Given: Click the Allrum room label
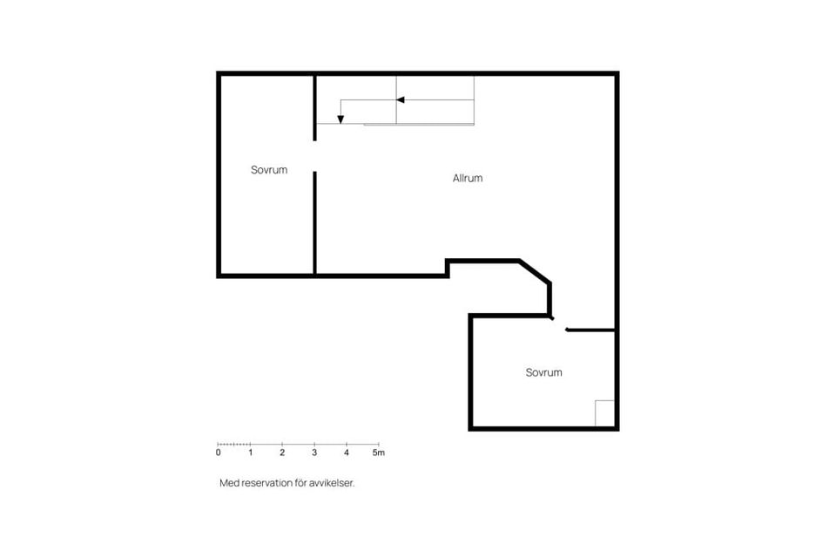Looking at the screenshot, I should (x=468, y=178).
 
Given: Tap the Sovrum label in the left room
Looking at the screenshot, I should (x=269, y=170).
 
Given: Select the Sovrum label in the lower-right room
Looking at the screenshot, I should (x=543, y=372).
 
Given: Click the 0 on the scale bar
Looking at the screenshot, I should (x=218, y=453).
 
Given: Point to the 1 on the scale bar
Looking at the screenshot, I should (x=250, y=453).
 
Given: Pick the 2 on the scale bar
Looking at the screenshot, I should (x=282, y=453).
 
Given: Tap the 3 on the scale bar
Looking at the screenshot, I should (x=314, y=453).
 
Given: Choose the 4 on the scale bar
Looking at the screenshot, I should (x=347, y=453).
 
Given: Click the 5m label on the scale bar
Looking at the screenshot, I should (x=378, y=453).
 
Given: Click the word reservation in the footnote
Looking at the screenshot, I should (x=267, y=482).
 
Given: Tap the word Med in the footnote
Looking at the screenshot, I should (x=228, y=482).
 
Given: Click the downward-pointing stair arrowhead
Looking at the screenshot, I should (x=340, y=119).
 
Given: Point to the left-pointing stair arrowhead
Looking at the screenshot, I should (x=401, y=100).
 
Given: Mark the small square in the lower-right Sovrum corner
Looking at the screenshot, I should (x=604, y=412).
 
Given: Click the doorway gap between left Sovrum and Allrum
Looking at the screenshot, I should (x=314, y=156).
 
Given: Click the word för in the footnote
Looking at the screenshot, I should (x=300, y=482).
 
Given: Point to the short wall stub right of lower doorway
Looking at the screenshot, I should (x=590, y=330).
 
